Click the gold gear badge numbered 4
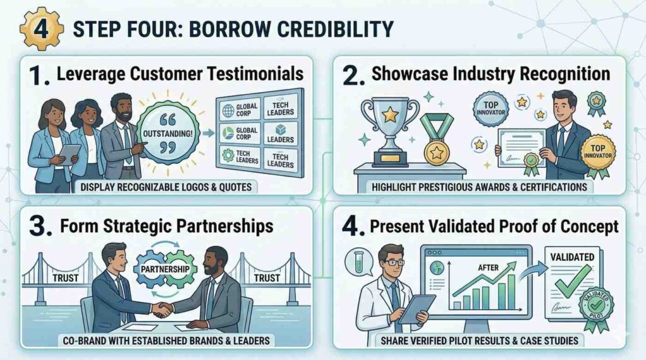point(41,29)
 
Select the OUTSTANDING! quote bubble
point(167,133)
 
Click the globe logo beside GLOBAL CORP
point(228,110)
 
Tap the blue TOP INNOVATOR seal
point(490,108)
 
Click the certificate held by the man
point(522,148)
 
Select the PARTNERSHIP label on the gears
point(165,269)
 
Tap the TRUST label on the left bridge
point(66,278)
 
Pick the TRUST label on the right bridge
point(267,278)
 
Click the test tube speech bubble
point(358,262)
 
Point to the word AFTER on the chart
point(488,268)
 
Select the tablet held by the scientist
point(417,309)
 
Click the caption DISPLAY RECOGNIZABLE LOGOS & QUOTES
point(166,187)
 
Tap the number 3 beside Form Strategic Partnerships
point(40,227)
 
